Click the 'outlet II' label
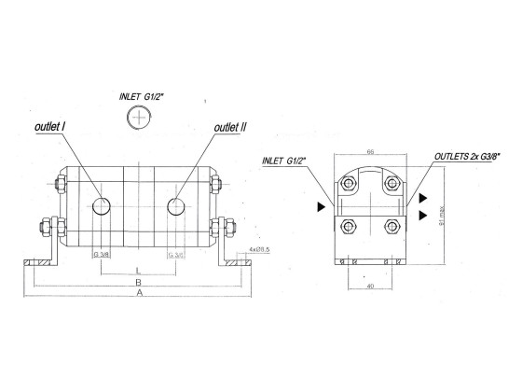point(229,127)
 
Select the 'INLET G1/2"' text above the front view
point(143,94)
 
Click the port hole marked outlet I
point(103,205)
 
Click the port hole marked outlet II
point(175,205)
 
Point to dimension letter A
point(140,292)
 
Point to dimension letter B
point(139,280)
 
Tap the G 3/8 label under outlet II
point(175,254)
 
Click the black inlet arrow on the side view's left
point(322,205)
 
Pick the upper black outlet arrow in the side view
point(423,198)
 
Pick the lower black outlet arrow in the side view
point(423,215)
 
